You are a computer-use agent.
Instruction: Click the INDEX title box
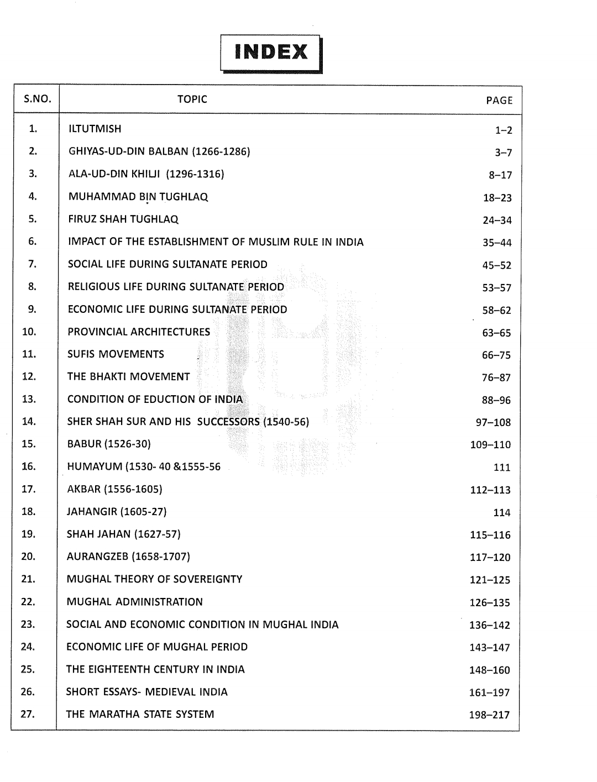271,53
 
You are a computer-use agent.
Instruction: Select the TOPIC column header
192,99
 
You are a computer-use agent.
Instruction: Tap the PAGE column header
499,101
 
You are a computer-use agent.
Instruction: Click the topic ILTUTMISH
95,129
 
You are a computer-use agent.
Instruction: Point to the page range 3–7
503,153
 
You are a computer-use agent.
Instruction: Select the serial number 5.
32,219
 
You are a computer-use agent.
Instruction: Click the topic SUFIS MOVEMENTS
116,354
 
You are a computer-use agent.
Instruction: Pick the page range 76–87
496,378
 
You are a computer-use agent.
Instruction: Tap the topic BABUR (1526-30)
108,444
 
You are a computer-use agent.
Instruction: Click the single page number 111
502,468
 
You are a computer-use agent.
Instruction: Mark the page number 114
502,513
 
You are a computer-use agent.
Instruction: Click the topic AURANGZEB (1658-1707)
128,557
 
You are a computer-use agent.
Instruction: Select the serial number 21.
28,579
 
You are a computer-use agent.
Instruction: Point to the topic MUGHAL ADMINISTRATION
134,602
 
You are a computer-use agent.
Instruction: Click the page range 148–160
489,670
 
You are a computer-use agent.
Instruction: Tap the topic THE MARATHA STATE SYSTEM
140,714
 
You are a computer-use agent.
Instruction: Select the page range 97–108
493,423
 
